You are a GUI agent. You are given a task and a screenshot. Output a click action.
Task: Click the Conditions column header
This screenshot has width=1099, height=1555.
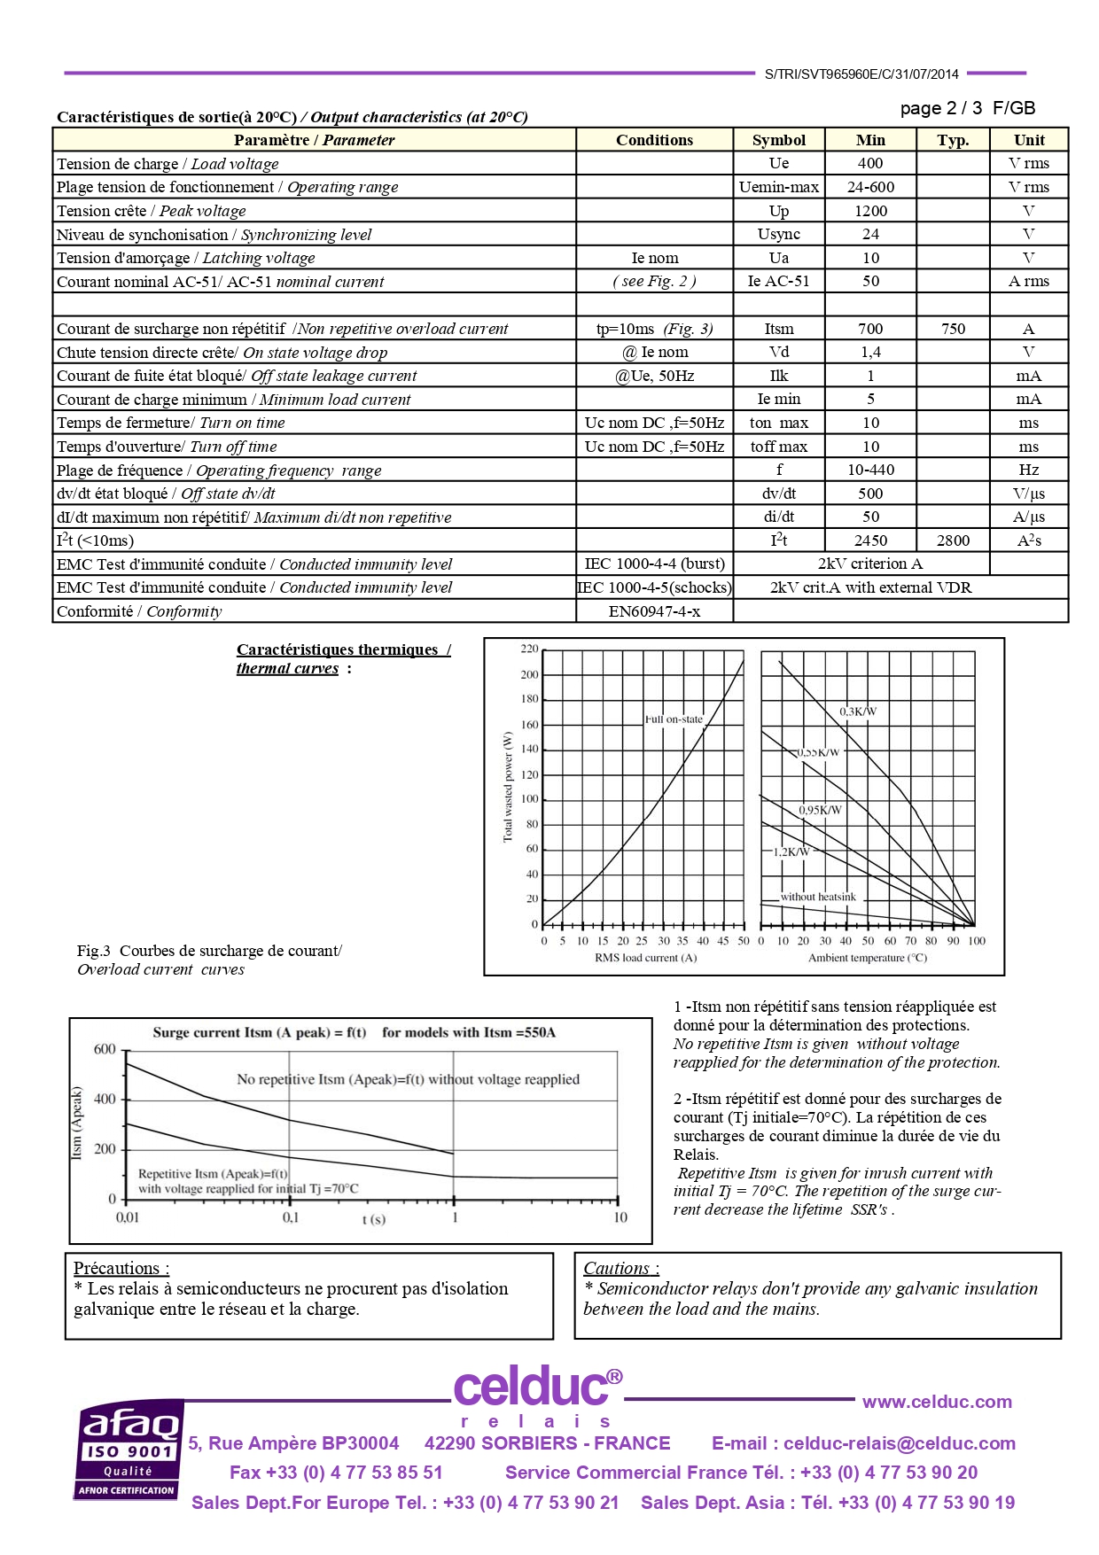pyautogui.click(x=654, y=140)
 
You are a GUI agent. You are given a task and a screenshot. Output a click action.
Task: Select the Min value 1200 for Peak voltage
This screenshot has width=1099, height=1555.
pyautogui.click(x=869, y=211)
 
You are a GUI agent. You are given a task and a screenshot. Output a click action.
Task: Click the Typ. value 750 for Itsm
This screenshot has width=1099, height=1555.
pyautogui.click(x=953, y=329)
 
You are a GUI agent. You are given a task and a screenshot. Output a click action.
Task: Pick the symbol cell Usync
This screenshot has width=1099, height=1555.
pyautogui.click(x=778, y=235)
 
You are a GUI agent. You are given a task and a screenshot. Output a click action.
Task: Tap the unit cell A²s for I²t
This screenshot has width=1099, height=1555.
pyautogui.click(x=1028, y=540)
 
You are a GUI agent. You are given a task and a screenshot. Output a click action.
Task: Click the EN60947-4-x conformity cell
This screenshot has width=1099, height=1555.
pyautogui.click(x=654, y=611)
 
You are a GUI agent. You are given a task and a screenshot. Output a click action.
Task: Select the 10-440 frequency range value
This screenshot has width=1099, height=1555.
pyautogui.click(x=869, y=470)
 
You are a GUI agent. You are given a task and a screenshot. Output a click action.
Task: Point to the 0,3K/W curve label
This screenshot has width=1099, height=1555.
pyautogui.click(x=857, y=711)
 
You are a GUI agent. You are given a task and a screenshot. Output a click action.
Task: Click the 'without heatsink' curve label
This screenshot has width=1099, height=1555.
pyautogui.click(x=818, y=897)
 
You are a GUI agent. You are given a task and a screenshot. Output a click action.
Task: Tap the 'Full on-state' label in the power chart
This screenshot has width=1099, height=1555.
pyautogui.click(x=674, y=719)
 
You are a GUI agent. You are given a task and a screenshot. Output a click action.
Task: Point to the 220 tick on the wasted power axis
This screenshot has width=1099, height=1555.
pyautogui.click(x=529, y=649)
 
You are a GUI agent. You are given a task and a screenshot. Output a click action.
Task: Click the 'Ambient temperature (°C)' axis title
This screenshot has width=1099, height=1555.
pyautogui.click(x=867, y=958)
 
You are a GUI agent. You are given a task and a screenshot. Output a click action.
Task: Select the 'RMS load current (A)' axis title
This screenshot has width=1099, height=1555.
pyautogui.click(x=645, y=958)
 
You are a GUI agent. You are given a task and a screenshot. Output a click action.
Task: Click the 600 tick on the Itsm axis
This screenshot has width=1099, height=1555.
pyautogui.click(x=105, y=1050)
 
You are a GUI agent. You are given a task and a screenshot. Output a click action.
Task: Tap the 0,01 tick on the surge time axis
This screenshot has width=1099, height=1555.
pyautogui.click(x=128, y=1217)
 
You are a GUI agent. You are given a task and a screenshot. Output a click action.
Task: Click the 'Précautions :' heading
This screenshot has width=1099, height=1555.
pyautogui.click(x=121, y=1268)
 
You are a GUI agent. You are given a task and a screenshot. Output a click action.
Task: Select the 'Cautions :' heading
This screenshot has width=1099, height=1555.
pyautogui.click(x=620, y=1268)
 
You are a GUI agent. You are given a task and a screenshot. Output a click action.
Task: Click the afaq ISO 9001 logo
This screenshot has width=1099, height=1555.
pyautogui.click(x=129, y=1450)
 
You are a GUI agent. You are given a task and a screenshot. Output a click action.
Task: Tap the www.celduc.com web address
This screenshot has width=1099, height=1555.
pyautogui.click(x=937, y=1402)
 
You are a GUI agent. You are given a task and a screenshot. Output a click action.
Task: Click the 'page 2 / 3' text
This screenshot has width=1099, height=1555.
pyautogui.click(x=940, y=108)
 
